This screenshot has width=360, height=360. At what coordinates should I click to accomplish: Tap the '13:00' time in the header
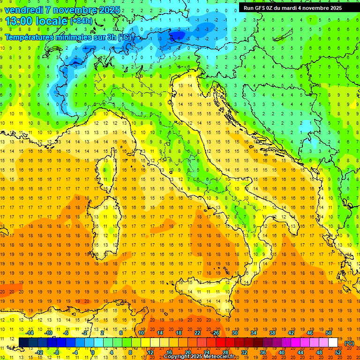(19, 21)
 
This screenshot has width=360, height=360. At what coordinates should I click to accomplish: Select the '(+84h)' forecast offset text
(81, 21)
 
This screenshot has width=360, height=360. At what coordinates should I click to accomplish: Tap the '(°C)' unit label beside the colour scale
(349, 343)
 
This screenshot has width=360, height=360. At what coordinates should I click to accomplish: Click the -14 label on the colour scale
(30, 333)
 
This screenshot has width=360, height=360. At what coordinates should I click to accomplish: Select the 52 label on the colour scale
(338, 352)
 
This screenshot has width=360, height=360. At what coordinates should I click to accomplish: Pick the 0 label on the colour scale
(93, 352)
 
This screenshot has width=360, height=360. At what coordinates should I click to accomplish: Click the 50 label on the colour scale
(329, 333)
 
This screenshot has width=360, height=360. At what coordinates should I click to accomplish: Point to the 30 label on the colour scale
(234, 333)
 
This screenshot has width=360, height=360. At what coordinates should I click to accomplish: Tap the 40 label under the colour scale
(282, 352)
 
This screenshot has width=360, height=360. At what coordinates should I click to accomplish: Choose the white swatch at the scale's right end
(333, 343)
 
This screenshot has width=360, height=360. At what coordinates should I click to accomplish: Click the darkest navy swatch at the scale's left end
(24, 343)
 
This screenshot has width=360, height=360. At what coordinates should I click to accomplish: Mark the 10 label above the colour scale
(140, 333)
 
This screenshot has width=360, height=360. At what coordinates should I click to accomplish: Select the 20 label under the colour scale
(187, 352)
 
